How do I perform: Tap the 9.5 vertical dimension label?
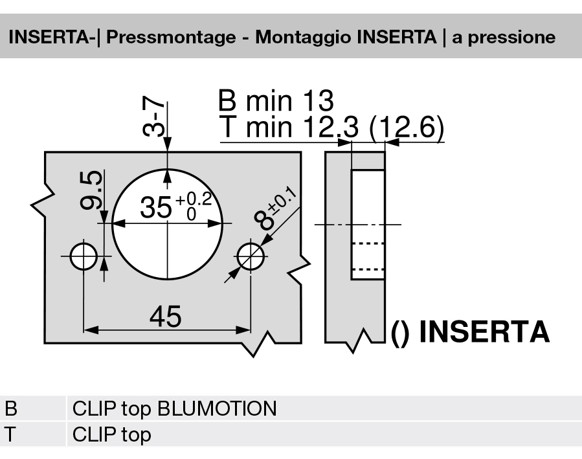(x=92, y=191)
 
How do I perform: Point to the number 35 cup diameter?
(x=156, y=208)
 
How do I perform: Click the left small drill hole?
(x=83, y=257)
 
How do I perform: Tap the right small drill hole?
(x=251, y=257)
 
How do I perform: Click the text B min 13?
(x=276, y=102)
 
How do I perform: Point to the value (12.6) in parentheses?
(x=406, y=128)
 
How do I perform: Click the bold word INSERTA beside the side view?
(x=484, y=332)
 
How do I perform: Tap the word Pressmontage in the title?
(x=170, y=37)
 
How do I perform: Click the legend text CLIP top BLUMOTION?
(x=174, y=409)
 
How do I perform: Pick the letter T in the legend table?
(x=11, y=434)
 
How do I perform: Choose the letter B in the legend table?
(x=11, y=409)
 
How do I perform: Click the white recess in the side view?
(x=368, y=224)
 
